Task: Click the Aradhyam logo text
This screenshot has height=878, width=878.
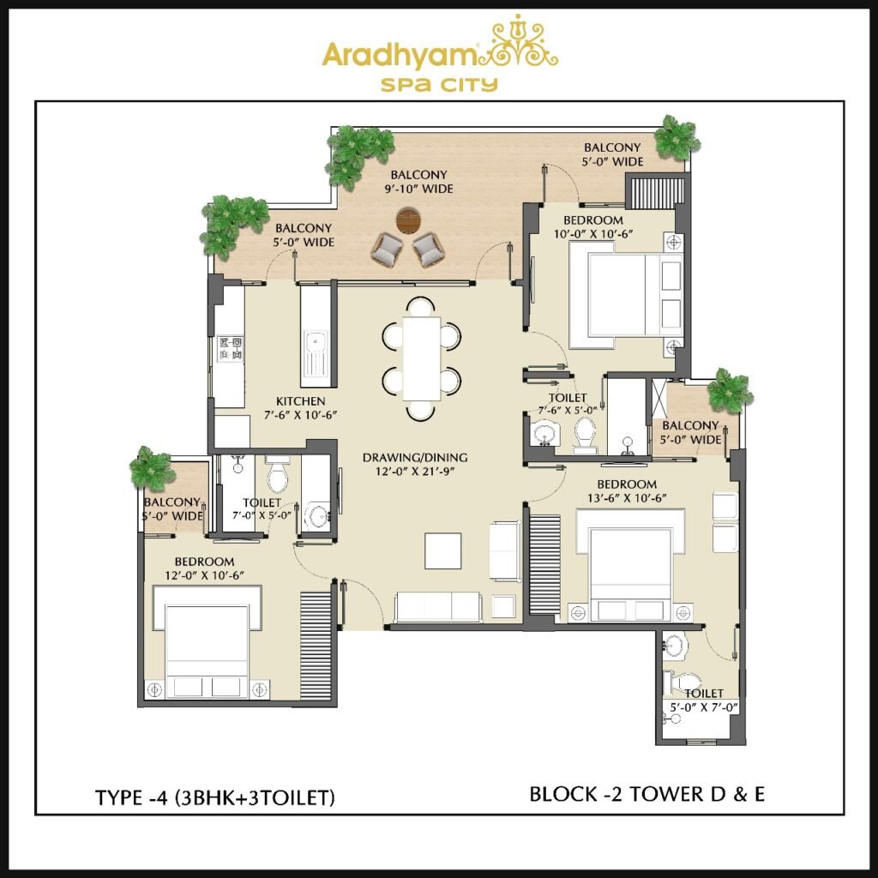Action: tap(400, 56)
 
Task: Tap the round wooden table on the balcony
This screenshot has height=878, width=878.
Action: tap(408, 220)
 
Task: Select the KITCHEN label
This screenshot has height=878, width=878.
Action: tap(300, 401)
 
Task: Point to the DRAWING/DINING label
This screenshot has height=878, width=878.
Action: tap(415, 457)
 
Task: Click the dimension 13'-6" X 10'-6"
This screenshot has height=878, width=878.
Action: tap(627, 498)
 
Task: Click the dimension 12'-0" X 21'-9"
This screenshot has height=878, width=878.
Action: tap(414, 471)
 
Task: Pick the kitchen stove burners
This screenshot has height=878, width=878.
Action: tap(230, 348)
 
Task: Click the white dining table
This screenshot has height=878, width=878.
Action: tap(421, 358)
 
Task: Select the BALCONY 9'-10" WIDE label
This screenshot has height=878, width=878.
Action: tap(418, 182)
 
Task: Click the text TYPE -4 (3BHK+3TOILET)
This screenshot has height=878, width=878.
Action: tap(215, 797)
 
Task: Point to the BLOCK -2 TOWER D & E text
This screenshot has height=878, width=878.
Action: tap(646, 793)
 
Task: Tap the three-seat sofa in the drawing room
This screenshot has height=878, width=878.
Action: tap(438, 607)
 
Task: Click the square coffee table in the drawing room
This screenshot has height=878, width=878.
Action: tap(442, 550)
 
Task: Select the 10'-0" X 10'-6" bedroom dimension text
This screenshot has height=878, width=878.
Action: tap(593, 234)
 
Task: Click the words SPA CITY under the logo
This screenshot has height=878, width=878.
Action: tap(439, 85)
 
